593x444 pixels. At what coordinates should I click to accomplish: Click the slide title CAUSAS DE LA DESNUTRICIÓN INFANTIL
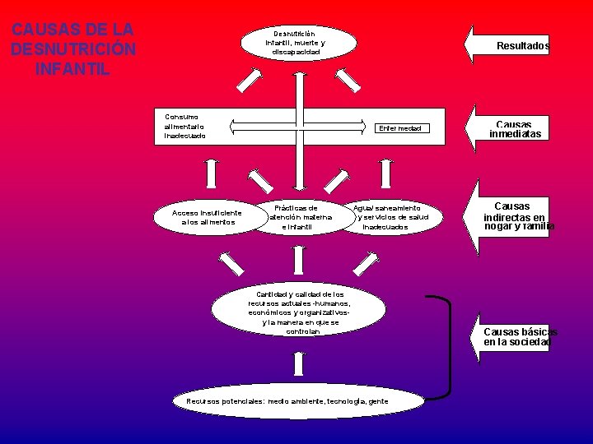tap(72, 49)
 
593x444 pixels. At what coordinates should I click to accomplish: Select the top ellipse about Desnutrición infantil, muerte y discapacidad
tap(297, 42)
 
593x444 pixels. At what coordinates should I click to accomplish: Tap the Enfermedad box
tap(399, 128)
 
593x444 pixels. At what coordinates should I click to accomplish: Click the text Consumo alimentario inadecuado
tap(185, 126)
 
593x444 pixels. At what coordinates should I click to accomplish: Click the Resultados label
tap(522, 47)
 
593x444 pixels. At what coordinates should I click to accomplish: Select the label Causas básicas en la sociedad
tap(519, 336)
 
